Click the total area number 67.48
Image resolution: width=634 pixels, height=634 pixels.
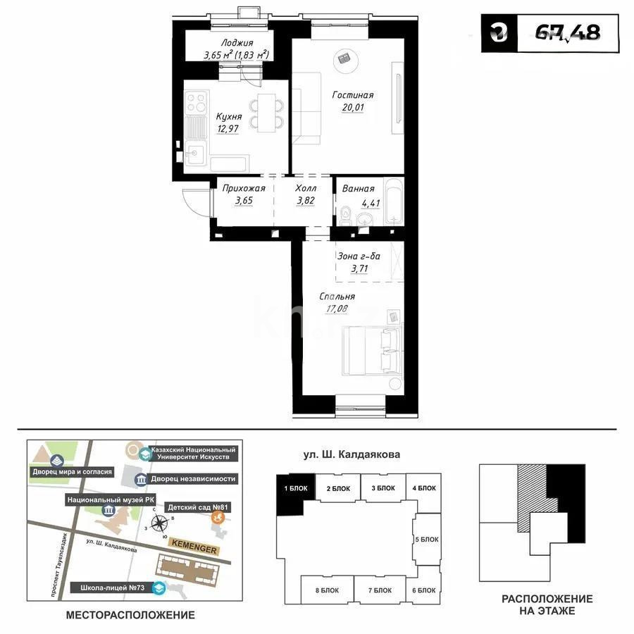tap(568, 33)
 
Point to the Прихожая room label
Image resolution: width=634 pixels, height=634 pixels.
tap(243, 188)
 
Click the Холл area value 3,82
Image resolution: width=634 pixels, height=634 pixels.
tap(305, 200)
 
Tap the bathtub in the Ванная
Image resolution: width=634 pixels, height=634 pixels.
tap(393, 202)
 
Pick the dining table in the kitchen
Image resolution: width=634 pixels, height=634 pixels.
tap(267, 113)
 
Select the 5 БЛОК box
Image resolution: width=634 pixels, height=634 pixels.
tap(426, 540)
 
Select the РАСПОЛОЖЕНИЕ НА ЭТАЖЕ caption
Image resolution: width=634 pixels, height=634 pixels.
tap(547, 604)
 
